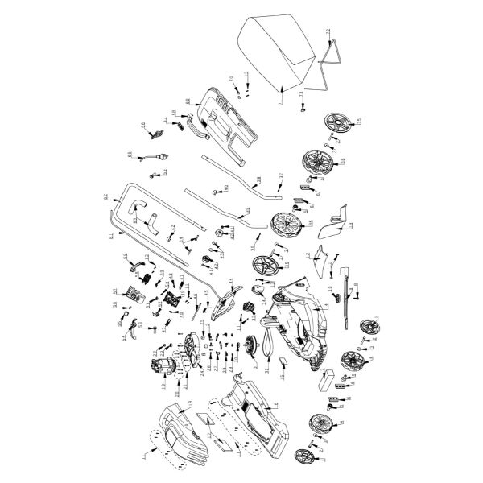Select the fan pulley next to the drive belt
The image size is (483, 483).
(x=251, y=345)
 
